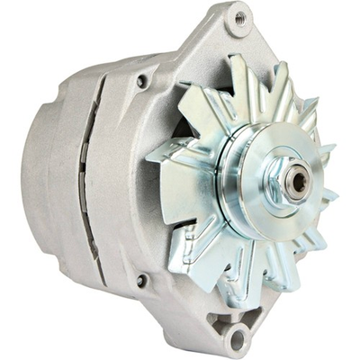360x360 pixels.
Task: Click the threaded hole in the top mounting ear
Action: pyautogui.click(x=240, y=18)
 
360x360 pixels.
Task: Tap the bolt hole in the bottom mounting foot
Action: pyautogui.click(x=237, y=337)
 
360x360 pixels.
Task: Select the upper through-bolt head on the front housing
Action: pyautogui.click(x=142, y=81)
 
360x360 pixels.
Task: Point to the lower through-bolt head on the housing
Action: pyautogui.click(x=140, y=281)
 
